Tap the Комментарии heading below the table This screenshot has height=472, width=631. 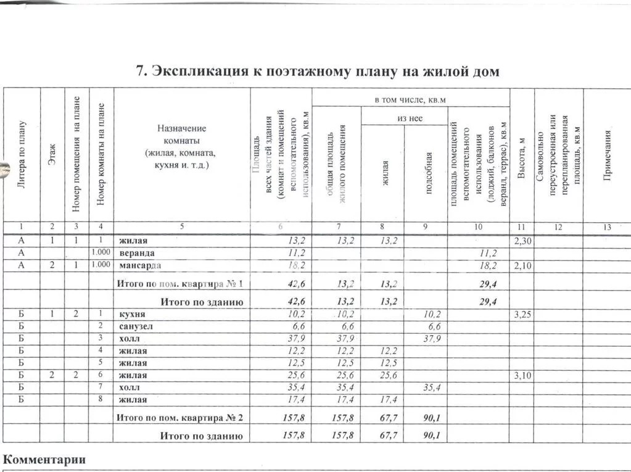(44, 460)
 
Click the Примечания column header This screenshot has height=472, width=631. (607, 154)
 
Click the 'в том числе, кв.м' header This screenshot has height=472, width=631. (410, 99)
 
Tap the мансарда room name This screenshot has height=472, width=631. (140, 265)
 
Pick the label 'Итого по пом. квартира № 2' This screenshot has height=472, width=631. (180, 418)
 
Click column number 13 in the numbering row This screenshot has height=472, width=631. (607, 227)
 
